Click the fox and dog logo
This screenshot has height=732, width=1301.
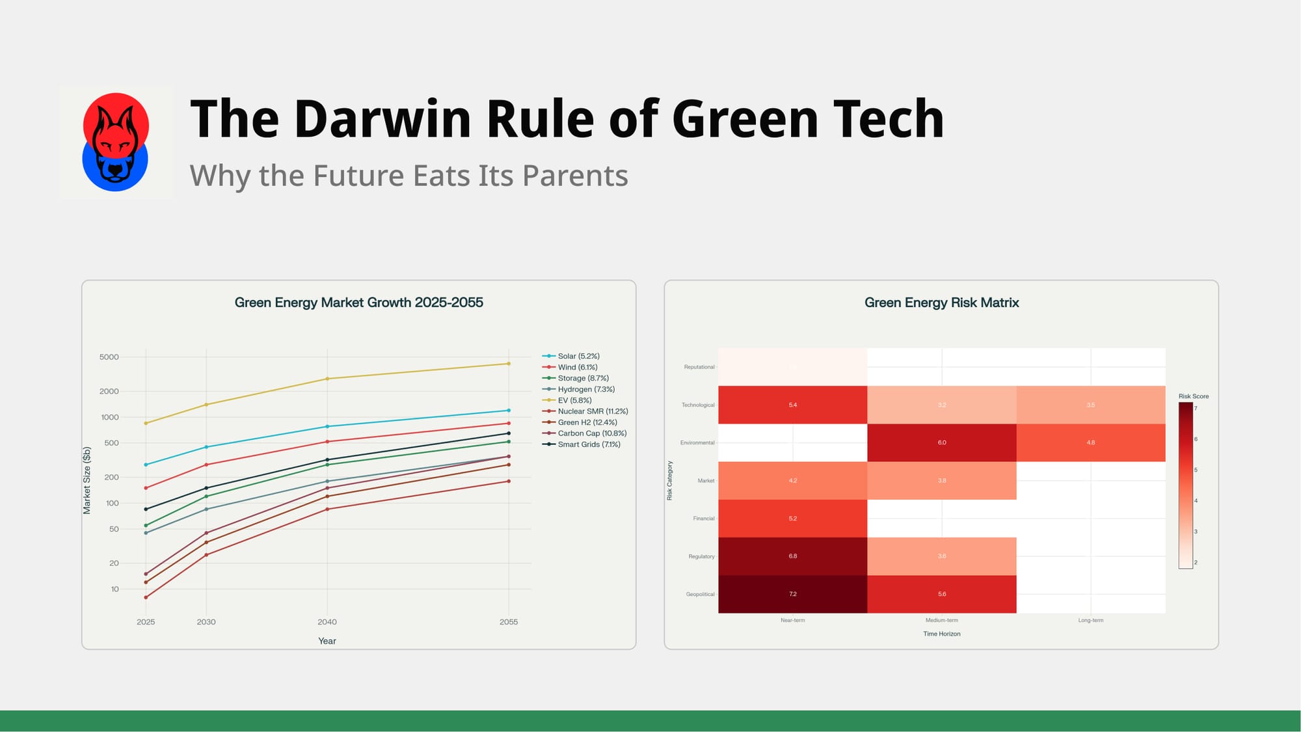point(116,142)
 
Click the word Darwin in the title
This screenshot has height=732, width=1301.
point(382,120)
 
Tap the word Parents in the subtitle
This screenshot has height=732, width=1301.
point(574,176)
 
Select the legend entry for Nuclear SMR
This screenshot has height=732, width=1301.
point(592,411)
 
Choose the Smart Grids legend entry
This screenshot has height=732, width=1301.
point(588,444)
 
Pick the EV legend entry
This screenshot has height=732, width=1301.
point(574,400)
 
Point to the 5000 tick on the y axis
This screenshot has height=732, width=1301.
point(109,357)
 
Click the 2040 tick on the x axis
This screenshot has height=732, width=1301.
point(327,622)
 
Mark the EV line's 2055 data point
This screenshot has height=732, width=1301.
point(509,364)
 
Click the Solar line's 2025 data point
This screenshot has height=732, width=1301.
point(146,465)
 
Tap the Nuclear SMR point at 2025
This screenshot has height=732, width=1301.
point(146,597)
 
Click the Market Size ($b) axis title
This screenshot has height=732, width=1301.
point(87,480)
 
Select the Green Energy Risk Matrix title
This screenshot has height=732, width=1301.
point(941,303)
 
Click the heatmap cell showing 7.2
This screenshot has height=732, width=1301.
point(792,594)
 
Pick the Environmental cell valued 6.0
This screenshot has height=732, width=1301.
point(941,442)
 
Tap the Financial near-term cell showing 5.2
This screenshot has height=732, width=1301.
point(792,519)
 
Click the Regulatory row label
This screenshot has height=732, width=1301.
point(701,556)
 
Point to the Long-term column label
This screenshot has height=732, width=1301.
point(1090,620)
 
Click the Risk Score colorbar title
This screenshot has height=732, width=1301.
point(1193,396)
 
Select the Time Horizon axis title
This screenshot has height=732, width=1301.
point(941,634)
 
